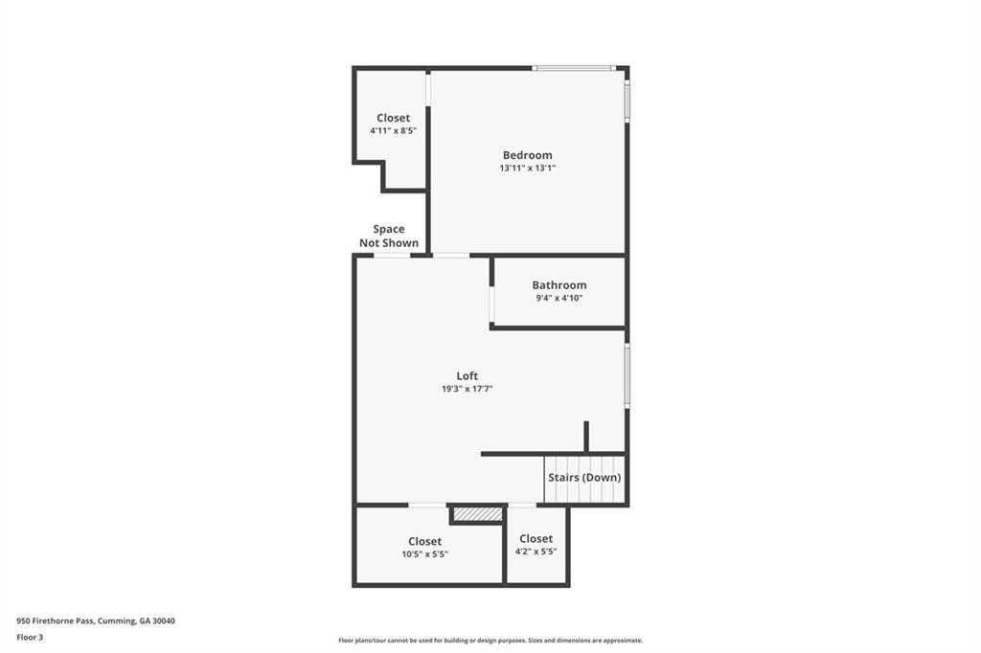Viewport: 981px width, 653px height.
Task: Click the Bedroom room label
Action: click(527, 155)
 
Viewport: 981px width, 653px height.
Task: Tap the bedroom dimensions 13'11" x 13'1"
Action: click(527, 169)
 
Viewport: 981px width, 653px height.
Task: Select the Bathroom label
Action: click(559, 285)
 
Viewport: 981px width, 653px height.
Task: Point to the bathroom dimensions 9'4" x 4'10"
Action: click(559, 298)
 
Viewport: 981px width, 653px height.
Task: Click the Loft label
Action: click(467, 376)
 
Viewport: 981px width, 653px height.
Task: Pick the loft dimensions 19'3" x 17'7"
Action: click(467, 389)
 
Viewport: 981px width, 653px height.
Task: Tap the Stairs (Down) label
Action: click(584, 478)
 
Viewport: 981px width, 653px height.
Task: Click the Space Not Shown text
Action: click(389, 236)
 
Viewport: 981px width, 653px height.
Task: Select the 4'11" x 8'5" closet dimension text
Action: click(393, 130)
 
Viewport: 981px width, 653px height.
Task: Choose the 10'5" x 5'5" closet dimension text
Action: click(424, 554)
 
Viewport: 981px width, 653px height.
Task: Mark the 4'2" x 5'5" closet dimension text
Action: click(536, 552)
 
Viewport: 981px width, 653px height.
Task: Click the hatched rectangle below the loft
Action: click(477, 515)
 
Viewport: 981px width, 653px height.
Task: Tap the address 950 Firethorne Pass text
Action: click(96, 620)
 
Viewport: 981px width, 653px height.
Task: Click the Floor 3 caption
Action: click(30, 636)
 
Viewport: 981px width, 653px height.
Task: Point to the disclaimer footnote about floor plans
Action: click(490, 641)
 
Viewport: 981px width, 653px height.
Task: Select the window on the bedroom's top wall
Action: click(573, 68)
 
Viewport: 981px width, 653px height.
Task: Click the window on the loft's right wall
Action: click(627, 375)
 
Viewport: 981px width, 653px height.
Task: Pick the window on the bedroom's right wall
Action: click(627, 101)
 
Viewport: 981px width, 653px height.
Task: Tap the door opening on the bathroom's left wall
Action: click(491, 304)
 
